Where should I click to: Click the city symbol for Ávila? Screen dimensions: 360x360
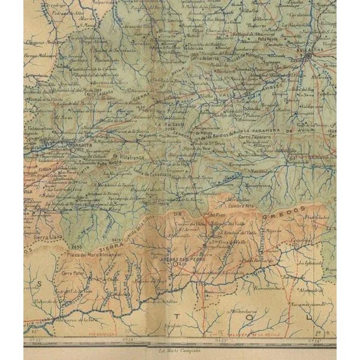(x=308, y=56)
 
